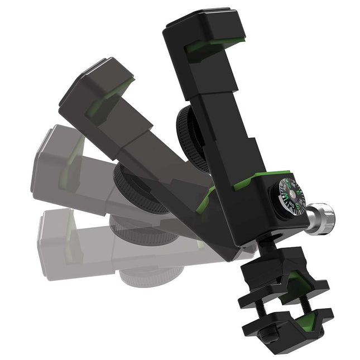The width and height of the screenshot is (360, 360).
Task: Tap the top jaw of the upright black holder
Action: pyautogui.click(x=204, y=31)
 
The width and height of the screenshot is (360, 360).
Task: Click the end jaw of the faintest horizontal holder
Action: pyautogui.click(x=56, y=240)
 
